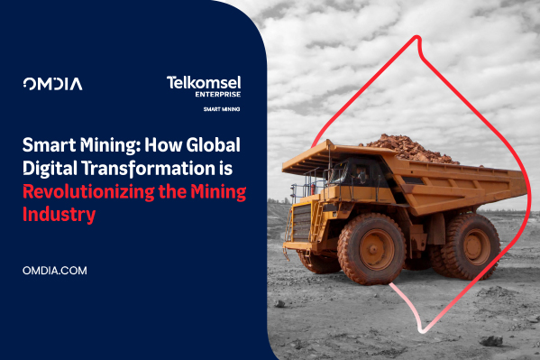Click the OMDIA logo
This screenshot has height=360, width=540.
(x=51, y=84)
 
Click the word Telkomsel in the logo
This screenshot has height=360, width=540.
(x=203, y=83)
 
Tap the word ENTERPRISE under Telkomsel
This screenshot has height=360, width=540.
(x=216, y=95)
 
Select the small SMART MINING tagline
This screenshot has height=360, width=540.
(x=222, y=109)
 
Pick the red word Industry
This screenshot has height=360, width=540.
(x=58, y=214)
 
